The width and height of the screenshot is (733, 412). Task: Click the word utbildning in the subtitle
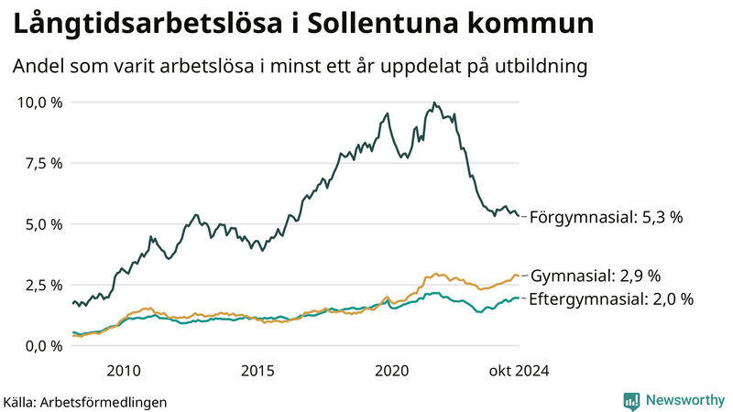[x=535, y=67]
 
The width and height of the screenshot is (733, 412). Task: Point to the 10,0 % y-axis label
[x=40, y=102]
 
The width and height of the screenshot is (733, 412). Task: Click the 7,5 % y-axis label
[x=44, y=163]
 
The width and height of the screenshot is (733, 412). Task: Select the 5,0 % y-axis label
[x=44, y=224]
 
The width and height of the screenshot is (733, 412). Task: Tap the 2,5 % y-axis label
[x=44, y=285]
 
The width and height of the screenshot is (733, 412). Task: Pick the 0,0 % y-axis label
[x=44, y=346]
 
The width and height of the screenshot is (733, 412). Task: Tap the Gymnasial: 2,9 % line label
[x=596, y=276]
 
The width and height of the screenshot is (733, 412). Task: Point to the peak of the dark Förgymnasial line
[x=433, y=103]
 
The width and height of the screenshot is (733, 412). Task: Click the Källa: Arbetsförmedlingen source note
[x=85, y=401]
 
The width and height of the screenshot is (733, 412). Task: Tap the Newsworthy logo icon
[x=631, y=400]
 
